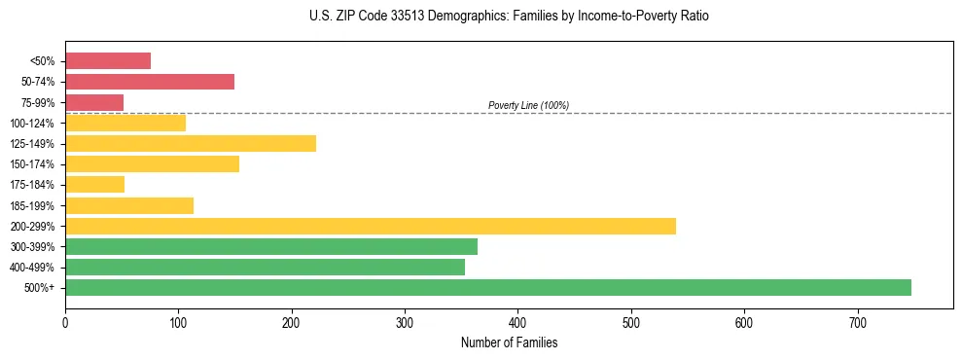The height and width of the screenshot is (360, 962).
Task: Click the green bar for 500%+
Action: [x=487, y=287]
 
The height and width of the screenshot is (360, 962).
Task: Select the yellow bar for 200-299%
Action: [x=370, y=226]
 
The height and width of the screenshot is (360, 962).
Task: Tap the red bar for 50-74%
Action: [x=150, y=82]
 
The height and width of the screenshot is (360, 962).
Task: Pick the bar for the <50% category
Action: [x=108, y=61]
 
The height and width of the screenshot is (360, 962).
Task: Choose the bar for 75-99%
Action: [x=94, y=102]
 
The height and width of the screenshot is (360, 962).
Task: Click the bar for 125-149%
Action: [x=191, y=144]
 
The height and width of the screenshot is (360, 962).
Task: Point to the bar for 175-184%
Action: [x=94, y=184]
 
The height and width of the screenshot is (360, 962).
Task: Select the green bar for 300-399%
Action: [x=271, y=246]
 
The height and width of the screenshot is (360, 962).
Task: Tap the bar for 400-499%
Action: [x=265, y=267]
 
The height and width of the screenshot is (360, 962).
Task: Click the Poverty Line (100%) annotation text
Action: [x=528, y=105]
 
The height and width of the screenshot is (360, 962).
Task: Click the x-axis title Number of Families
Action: [x=509, y=342]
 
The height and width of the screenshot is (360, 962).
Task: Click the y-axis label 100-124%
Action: [x=33, y=124]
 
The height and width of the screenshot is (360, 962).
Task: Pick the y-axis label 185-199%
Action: [x=33, y=205]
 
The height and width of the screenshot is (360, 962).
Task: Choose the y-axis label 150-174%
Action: [x=33, y=164]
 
